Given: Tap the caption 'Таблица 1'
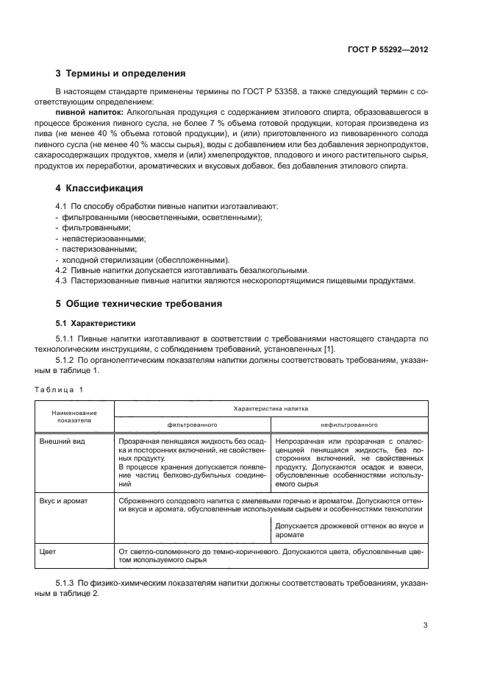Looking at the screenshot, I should pos(56,389).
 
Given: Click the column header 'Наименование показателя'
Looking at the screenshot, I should pos(74,417).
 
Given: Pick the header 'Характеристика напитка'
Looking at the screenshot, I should pos(271,408).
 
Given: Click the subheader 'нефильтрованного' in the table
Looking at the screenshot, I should pos(349,425).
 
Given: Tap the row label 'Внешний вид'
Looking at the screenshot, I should pos(62,440).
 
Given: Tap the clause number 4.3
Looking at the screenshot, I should pos(61,280).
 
